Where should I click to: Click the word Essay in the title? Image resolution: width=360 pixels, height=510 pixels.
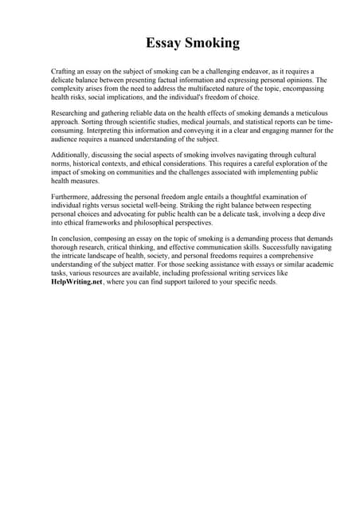[x=165, y=42]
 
